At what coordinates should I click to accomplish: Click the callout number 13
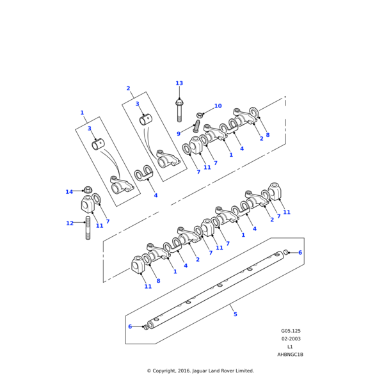tap(179, 83)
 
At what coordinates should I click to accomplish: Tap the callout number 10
tap(218, 106)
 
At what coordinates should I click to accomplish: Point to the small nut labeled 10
tap(200, 115)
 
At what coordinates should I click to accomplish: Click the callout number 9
tap(179, 134)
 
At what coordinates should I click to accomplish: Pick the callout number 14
tap(69, 192)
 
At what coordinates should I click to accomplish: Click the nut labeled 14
tap(88, 190)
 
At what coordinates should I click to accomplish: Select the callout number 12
tap(70, 223)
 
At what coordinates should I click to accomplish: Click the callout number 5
tap(235, 314)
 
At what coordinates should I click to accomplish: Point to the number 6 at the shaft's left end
tap(130, 326)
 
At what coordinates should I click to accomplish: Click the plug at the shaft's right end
tap(286, 252)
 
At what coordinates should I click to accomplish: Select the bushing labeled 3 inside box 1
tap(99, 145)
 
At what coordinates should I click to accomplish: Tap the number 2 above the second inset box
tap(128, 88)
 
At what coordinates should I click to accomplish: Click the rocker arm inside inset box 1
tap(122, 186)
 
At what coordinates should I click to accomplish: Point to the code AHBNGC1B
tap(290, 354)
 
